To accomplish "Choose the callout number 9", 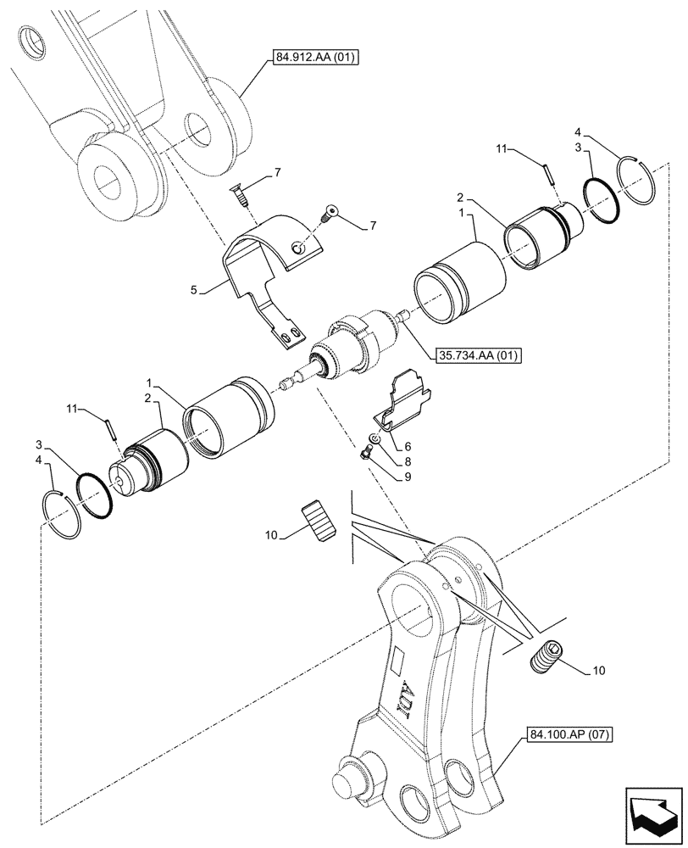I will pyautogui.click(x=408, y=477).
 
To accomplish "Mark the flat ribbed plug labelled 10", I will pyautogui.click(x=318, y=518).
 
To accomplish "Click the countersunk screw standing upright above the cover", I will pyautogui.click(x=241, y=196).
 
